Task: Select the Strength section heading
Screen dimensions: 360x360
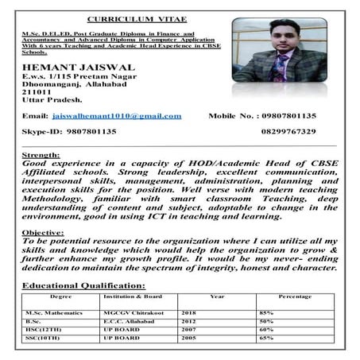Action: [40, 153]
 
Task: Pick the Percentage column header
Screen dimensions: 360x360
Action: [296, 296]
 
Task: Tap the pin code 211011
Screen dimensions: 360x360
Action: [36, 91]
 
